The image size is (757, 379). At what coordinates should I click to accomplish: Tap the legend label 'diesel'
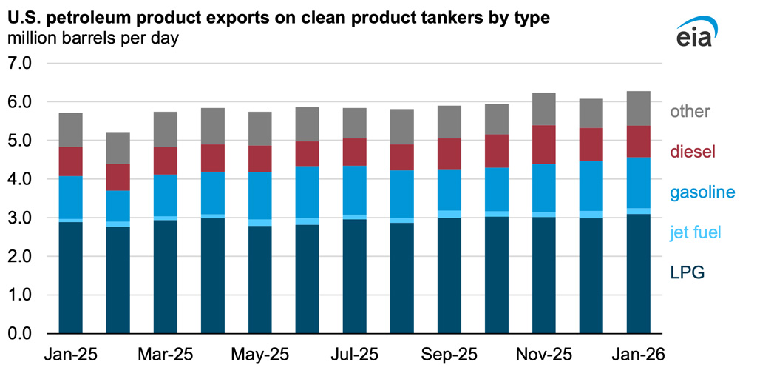tap(694, 152)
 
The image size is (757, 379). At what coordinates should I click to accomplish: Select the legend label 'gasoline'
tap(703, 192)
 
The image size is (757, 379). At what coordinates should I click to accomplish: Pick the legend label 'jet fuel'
tap(699, 232)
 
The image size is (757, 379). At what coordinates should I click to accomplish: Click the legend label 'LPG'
tap(688, 273)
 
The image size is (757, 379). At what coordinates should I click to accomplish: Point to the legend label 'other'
tap(690, 112)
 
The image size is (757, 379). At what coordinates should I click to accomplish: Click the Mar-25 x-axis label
tap(166, 355)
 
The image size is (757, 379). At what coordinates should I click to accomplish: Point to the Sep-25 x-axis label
tap(449, 355)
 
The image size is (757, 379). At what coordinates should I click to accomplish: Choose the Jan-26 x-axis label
tap(639, 355)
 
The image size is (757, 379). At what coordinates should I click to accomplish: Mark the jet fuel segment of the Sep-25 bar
tap(449, 215)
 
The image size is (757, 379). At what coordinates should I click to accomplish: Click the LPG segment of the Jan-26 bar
tap(639, 274)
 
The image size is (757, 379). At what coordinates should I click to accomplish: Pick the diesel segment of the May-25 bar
tap(260, 159)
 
